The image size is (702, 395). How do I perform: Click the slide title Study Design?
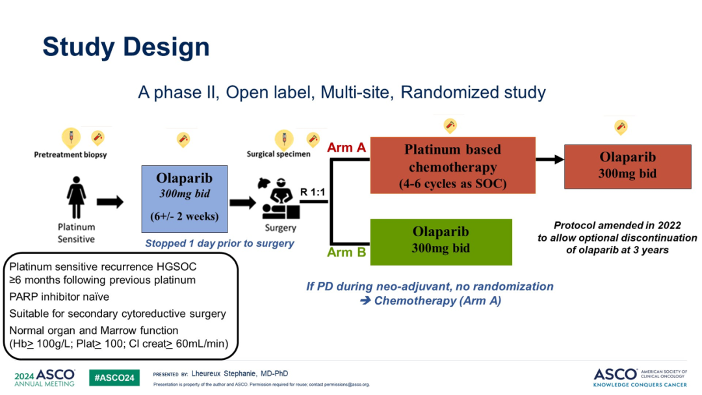pyautogui.click(x=126, y=48)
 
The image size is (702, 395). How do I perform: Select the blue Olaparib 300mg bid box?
pyautogui.click(x=184, y=198)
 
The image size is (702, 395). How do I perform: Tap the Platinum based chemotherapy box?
pyautogui.click(x=452, y=165)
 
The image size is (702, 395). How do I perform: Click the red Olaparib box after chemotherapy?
pyautogui.click(x=627, y=167)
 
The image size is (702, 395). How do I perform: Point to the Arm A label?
pyautogui.click(x=346, y=148)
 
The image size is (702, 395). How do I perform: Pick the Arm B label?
pyautogui.click(x=346, y=252)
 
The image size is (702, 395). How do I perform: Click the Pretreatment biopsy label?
pyautogui.click(x=70, y=155)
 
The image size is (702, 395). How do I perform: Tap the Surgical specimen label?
pyautogui.click(x=278, y=155)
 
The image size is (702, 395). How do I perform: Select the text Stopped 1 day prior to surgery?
pyautogui.click(x=219, y=243)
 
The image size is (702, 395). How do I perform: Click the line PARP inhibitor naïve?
pyautogui.click(x=59, y=297)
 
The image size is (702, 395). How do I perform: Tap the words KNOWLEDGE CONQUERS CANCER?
pyautogui.click(x=642, y=384)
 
